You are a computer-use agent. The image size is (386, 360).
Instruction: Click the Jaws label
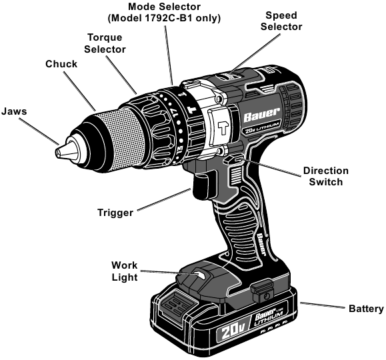point(14,111)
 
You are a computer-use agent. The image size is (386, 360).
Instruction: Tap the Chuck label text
point(61,64)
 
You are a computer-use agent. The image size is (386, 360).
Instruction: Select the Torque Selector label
point(105,43)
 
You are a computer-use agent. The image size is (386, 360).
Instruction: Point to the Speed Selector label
point(281,21)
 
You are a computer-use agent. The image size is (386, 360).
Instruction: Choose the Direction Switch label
point(326,176)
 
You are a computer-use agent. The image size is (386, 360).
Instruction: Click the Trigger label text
point(115,213)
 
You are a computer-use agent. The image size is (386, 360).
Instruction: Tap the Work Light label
point(124,271)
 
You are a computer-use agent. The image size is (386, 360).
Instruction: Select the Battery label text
point(366,309)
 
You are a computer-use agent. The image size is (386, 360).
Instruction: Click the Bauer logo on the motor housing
point(261,114)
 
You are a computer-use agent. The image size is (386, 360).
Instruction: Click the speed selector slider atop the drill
point(229,75)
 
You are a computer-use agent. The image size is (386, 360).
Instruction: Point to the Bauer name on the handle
point(261,245)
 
